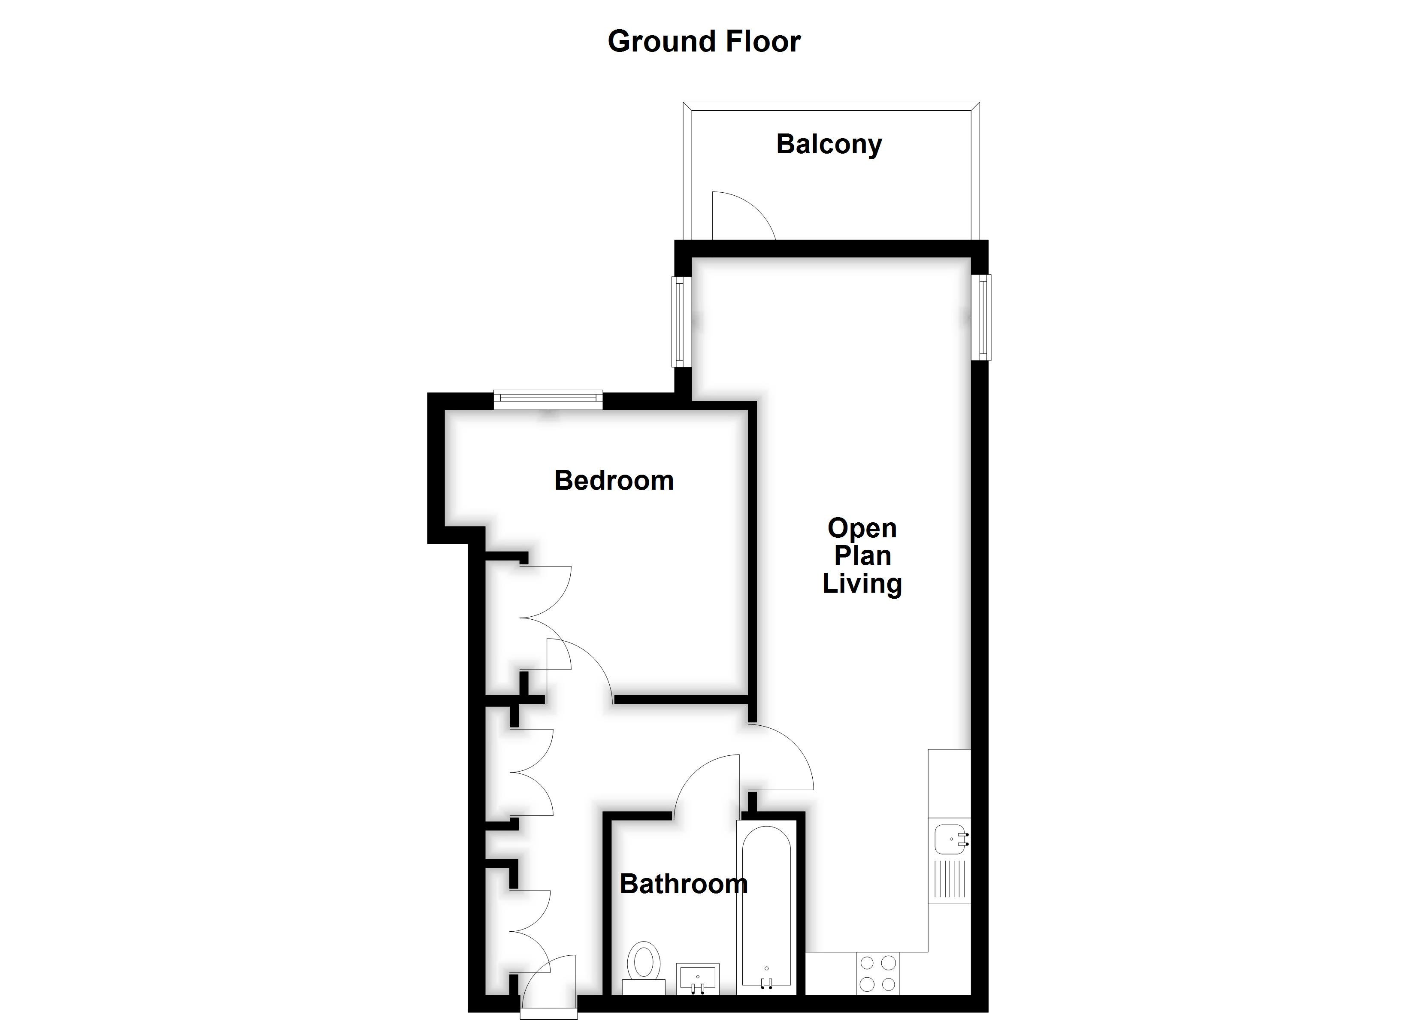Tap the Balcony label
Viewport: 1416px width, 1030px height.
pyautogui.click(x=829, y=144)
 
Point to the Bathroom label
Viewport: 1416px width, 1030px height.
pyautogui.click(x=683, y=884)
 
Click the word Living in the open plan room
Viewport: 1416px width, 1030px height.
pyautogui.click(x=862, y=583)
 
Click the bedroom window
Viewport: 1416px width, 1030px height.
pyautogui.click(x=548, y=399)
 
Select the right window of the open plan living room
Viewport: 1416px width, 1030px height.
pyautogui.click(x=983, y=317)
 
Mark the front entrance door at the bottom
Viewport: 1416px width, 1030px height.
pyautogui.click(x=549, y=993)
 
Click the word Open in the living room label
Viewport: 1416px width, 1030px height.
pyautogui.click(x=862, y=528)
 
